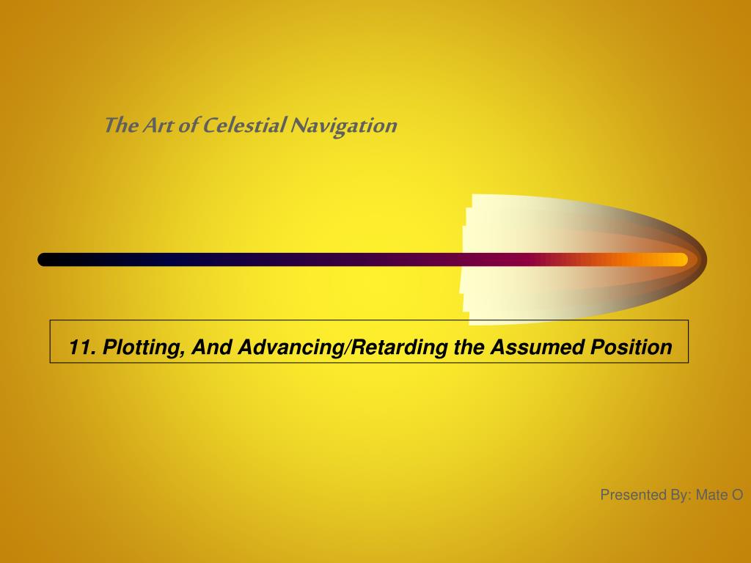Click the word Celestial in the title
244,125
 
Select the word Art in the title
158,125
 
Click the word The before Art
122,125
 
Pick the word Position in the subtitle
631,347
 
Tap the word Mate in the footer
711,495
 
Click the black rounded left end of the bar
43,260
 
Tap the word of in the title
188,125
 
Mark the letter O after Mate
736,495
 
